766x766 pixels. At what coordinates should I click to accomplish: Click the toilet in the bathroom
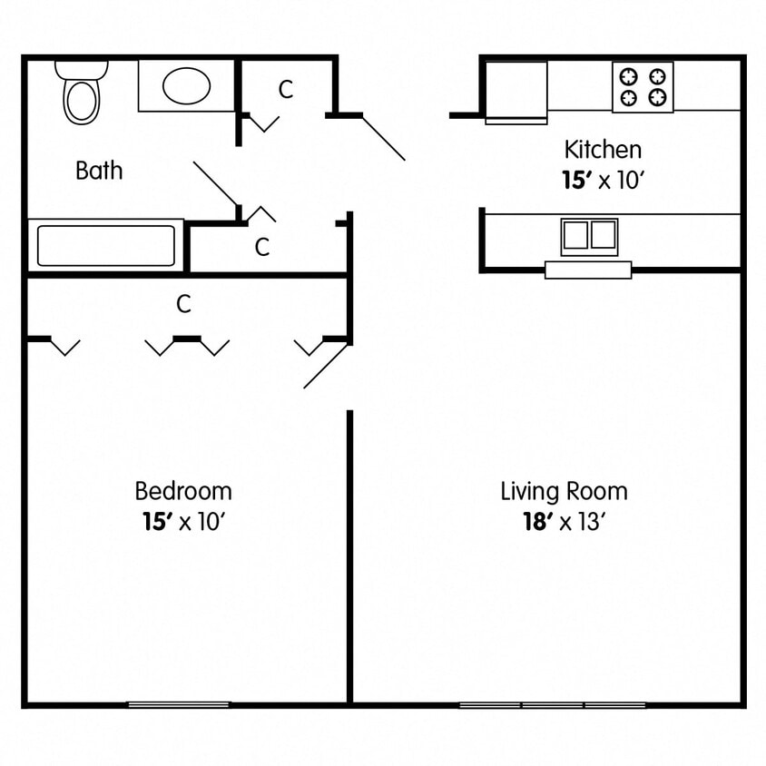coord(82,94)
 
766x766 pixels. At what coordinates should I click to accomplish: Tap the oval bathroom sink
coord(186,86)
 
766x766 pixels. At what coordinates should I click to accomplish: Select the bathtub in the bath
coord(106,245)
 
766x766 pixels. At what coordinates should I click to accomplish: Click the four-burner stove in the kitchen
coord(643,87)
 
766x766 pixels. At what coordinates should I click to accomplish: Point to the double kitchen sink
coord(589,236)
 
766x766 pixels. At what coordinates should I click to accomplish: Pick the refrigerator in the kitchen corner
coord(516,91)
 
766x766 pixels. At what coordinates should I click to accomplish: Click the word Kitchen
coord(603,149)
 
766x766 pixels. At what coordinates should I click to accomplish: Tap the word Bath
coord(99,171)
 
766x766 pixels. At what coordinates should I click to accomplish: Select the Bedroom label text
coord(183,491)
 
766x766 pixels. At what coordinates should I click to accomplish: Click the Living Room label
coord(564,492)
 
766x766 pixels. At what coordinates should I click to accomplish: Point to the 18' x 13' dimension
coord(564,522)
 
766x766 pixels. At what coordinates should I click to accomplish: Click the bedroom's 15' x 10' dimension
coord(183,522)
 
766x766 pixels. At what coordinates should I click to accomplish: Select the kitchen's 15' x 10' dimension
coord(603,180)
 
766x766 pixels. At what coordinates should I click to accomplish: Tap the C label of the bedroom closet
coord(183,305)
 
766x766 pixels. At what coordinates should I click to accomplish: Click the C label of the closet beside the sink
coord(286,89)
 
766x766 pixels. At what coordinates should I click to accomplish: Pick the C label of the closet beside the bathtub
coord(262,247)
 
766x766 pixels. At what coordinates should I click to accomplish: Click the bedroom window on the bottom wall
coord(178,703)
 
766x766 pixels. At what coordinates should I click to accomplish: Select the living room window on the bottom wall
coord(552,704)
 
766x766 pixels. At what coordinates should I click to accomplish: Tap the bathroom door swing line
coord(216,184)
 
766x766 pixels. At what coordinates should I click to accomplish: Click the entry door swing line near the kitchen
coord(383,138)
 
